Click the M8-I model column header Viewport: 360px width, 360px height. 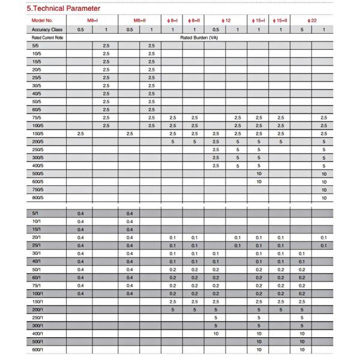pos(93,20)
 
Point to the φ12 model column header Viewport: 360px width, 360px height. pos(226,20)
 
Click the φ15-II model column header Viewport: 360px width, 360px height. pos(280,20)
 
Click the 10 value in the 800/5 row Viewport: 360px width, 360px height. pos(324,197)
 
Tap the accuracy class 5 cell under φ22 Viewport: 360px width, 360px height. pos(302,29)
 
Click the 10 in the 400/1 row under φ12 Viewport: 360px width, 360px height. pos(215,333)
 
